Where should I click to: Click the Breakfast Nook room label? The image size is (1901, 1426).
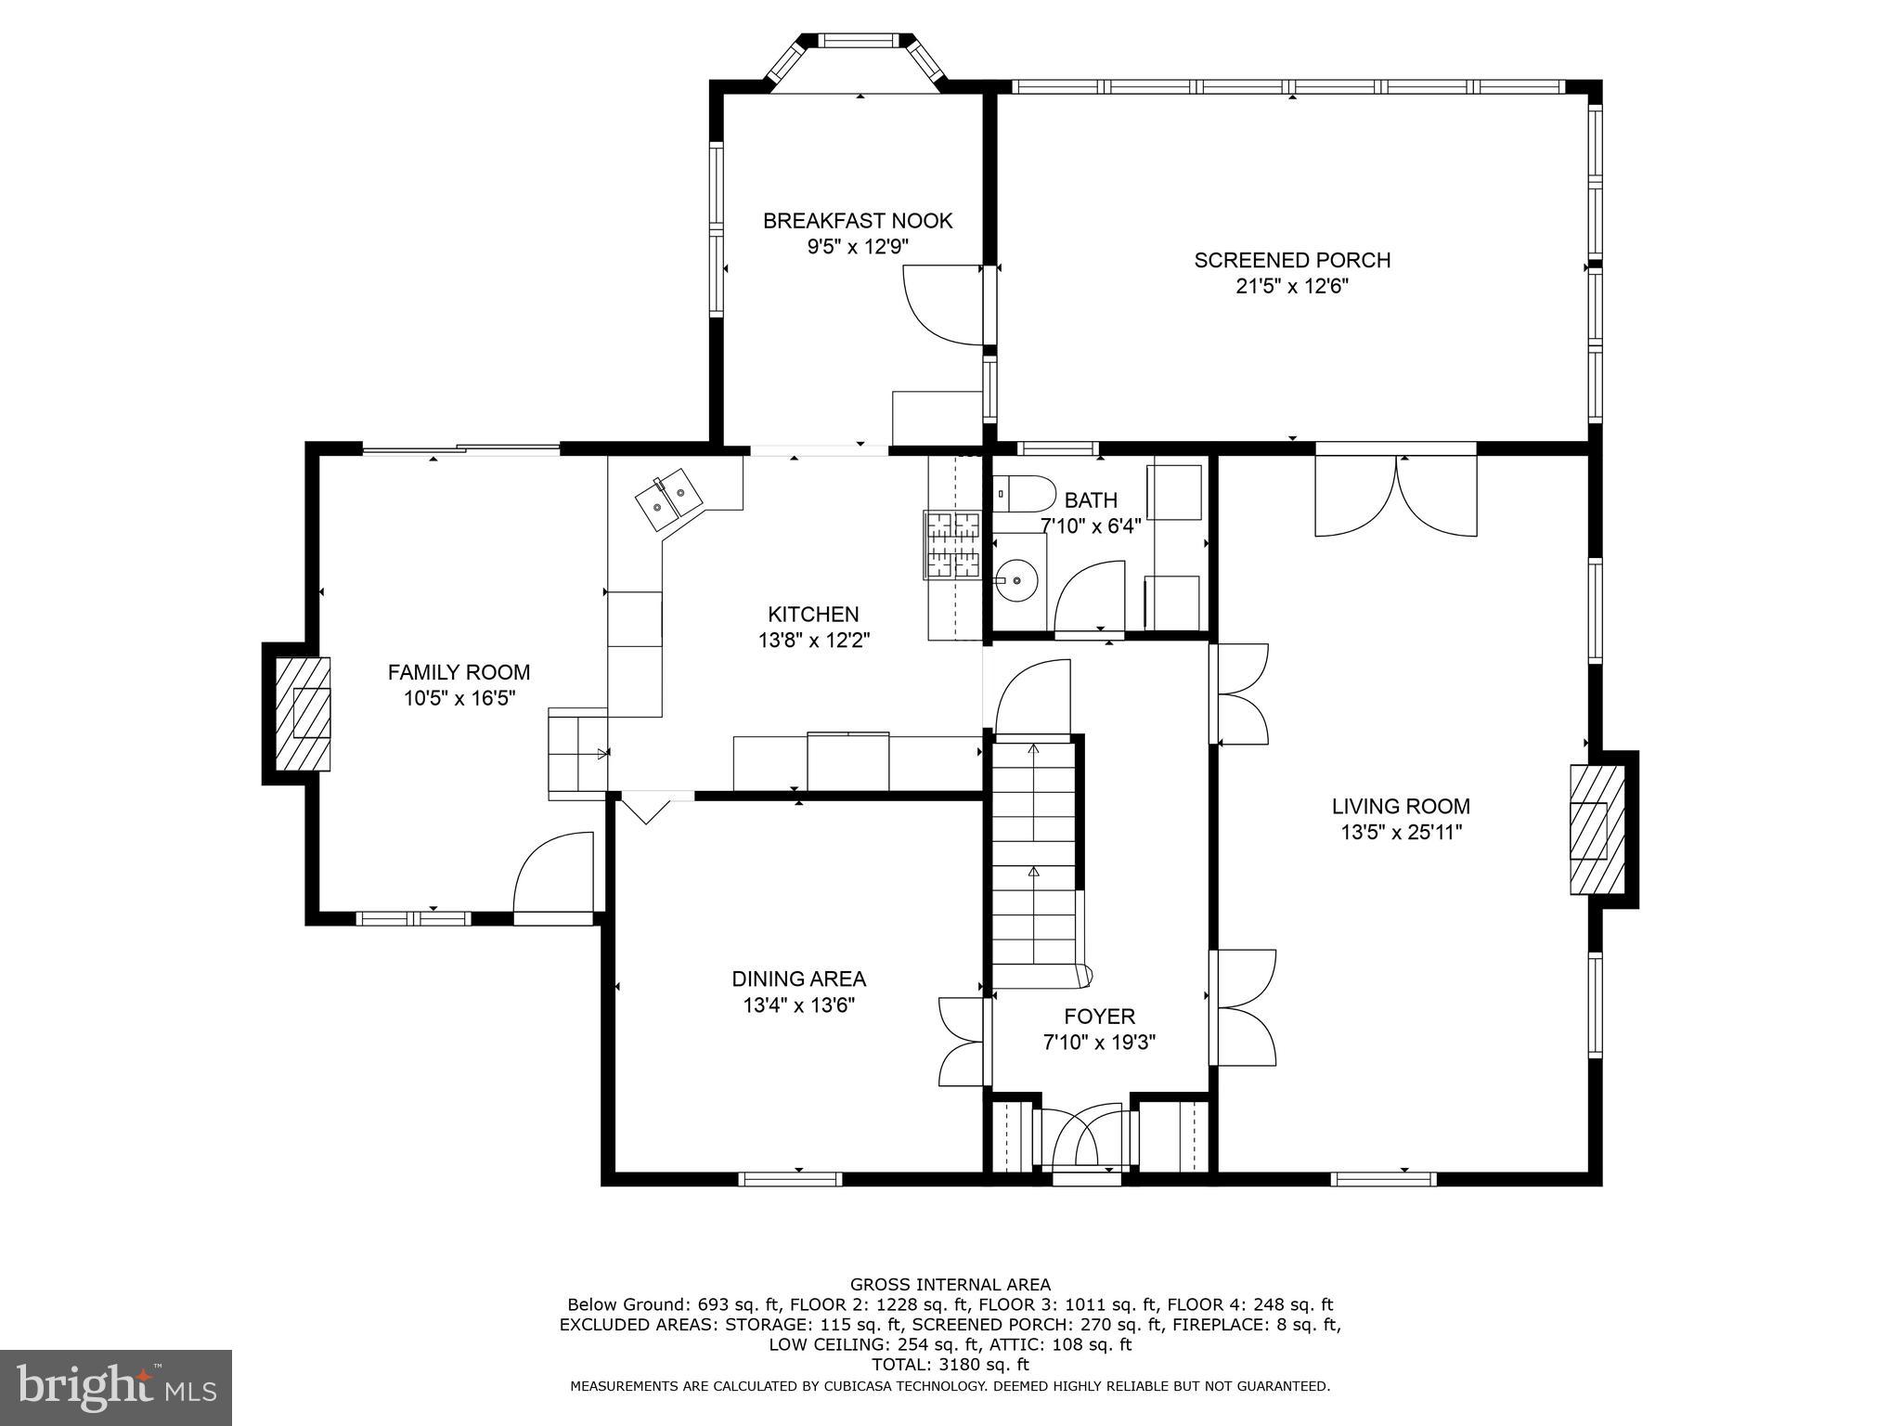coord(858,221)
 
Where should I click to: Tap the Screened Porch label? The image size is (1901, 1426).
coord(1292,261)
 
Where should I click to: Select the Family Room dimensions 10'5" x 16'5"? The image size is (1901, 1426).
coord(459,698)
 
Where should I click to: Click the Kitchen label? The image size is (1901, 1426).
coord(813,615)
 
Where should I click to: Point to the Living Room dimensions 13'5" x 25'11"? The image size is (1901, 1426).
coord(1401,833)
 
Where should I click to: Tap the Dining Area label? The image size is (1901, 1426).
coord(798,979)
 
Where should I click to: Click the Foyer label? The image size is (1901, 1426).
coord(1099,1017)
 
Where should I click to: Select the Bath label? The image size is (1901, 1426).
coord(1091,500)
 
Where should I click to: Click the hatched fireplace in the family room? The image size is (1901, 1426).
coord(303,712)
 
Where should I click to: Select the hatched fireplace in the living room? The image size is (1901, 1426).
coord(1597,829)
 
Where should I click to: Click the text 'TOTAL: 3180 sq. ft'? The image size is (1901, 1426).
coord(950,1365)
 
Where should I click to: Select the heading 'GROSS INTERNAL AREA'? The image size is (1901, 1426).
coord(950,1285)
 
